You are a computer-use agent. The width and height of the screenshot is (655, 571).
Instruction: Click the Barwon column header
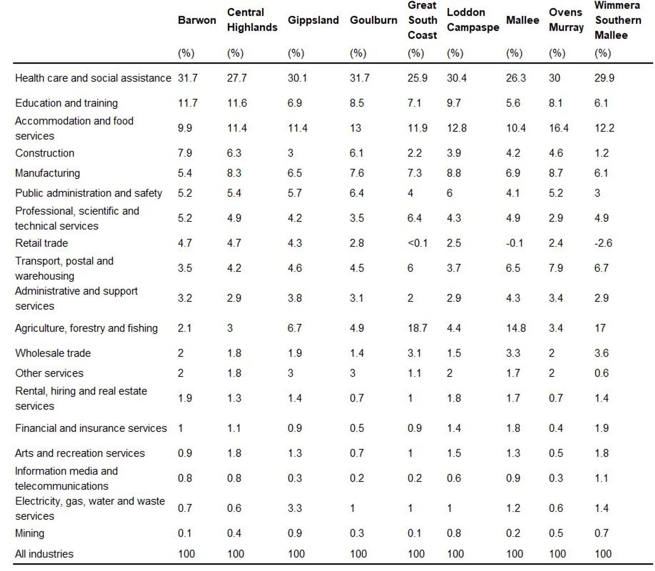[197, 20]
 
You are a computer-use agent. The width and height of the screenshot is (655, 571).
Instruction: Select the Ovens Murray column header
[566, 20]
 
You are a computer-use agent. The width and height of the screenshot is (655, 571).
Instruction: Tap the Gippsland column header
[313, 20]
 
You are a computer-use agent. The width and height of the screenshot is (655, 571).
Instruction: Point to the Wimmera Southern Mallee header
[618, 20]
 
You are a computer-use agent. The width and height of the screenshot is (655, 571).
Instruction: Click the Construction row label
[44, 153]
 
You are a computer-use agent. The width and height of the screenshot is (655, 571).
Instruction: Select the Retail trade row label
[41, 243]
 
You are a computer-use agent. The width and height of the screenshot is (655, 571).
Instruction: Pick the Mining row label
[29, 533]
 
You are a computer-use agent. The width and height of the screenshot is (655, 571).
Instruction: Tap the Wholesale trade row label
[53, 353]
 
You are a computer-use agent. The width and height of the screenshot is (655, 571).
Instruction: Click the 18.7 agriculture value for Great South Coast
[417, 328]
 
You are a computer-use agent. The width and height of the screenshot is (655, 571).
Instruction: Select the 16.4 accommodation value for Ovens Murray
[559, 128]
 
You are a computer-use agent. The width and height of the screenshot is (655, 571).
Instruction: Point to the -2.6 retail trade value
[603, 243]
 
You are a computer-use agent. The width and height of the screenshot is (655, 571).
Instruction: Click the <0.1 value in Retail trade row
[417, 243]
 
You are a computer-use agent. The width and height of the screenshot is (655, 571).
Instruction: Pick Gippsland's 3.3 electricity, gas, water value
[295, 508]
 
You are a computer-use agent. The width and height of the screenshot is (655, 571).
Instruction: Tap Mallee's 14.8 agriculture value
[516, 328]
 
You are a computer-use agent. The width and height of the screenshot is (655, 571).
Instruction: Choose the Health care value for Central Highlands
[237, 78]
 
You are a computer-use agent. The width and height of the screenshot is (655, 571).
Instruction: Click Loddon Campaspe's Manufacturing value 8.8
[454, 173]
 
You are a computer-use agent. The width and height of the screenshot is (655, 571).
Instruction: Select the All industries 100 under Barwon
[186, 553]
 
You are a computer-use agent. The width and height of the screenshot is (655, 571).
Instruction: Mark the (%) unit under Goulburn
[358, 53]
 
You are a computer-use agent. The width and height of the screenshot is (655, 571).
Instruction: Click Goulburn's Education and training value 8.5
[356, 103]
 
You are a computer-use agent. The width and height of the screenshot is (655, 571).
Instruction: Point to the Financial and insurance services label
[91, 428]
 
